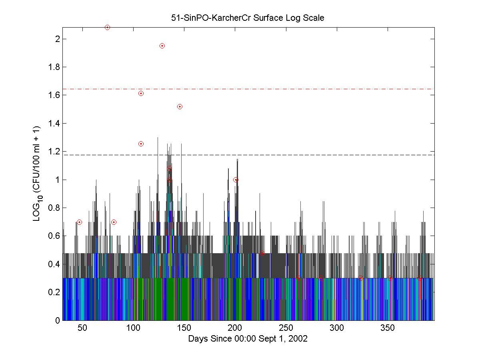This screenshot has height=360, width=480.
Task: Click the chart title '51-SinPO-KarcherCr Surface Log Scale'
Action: point(248,18)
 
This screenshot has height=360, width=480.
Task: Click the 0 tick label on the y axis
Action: point(58,320)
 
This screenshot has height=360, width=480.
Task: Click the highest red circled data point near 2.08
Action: point(107,27)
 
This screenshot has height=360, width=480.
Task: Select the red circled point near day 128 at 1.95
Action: point(162,46)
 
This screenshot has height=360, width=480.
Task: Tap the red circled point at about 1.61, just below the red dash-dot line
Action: point(141,93)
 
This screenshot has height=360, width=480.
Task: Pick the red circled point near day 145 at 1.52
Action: point(180,106)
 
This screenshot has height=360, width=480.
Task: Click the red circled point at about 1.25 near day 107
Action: point(141,144)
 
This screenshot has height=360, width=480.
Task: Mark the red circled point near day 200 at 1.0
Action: point(236,180)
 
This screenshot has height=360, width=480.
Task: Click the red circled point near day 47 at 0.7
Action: point(79,222)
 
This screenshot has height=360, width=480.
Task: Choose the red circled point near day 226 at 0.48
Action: point(262,253)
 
